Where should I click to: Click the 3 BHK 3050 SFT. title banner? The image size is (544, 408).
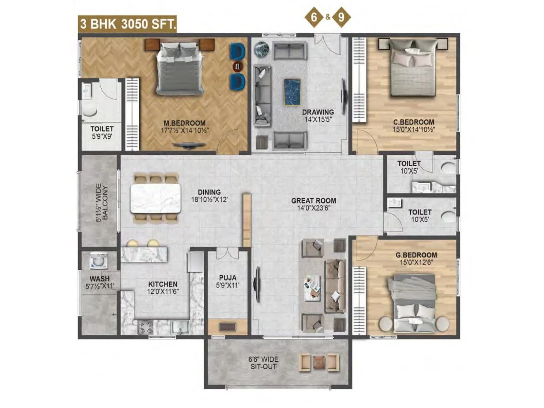click(x=128, y=24)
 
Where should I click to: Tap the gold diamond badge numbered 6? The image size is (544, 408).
click(x=314, y=16)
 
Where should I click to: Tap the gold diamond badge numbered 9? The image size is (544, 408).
click(x=341, y=17)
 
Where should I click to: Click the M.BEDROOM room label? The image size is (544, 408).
click(x=184, y=123)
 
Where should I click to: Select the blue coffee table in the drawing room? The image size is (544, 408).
click(x=292, y=92)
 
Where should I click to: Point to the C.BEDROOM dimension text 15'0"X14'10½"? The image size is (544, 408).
click(x=414, y=130)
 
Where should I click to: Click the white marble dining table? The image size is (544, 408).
click(x=156, y=199)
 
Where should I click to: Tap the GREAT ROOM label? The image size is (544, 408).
click(x=313, y=201)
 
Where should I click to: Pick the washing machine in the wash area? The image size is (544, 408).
click(x=99, y=261)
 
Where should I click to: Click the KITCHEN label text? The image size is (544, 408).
click(x=163, y=284)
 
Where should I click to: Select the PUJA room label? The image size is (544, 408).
click(x=227, y=278)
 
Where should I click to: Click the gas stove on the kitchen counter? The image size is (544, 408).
click(x=145, y=327)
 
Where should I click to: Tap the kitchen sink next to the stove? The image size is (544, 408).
click(x=180, y=327)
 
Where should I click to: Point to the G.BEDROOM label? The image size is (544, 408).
click(x=416, y=255)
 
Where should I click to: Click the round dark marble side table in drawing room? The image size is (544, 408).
click(x=262, y=49)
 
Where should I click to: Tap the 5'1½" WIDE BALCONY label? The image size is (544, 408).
click(x=102, y=203)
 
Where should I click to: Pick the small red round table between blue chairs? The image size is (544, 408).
click(x=238, y=66)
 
